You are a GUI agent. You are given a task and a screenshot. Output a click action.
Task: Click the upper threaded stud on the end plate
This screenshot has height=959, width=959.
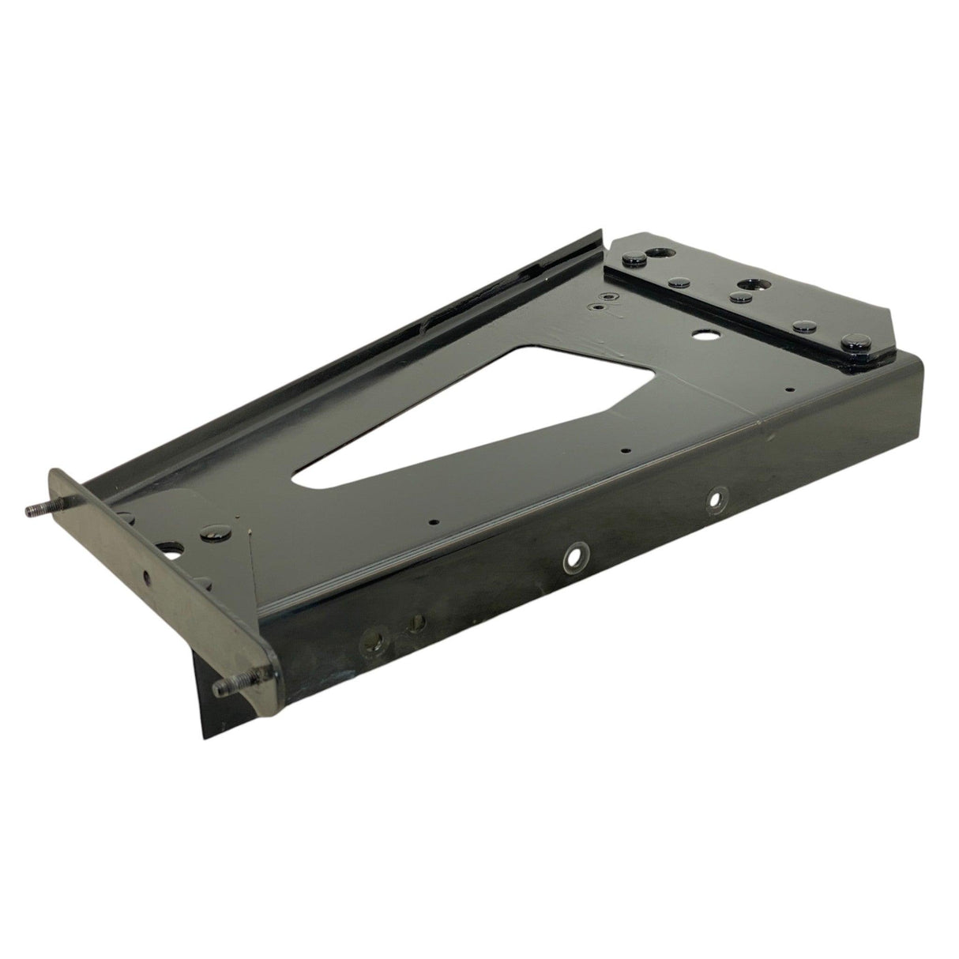37,508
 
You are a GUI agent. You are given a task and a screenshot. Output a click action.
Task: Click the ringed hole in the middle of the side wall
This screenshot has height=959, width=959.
574,557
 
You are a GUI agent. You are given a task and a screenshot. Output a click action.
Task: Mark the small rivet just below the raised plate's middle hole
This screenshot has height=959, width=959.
739,297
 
